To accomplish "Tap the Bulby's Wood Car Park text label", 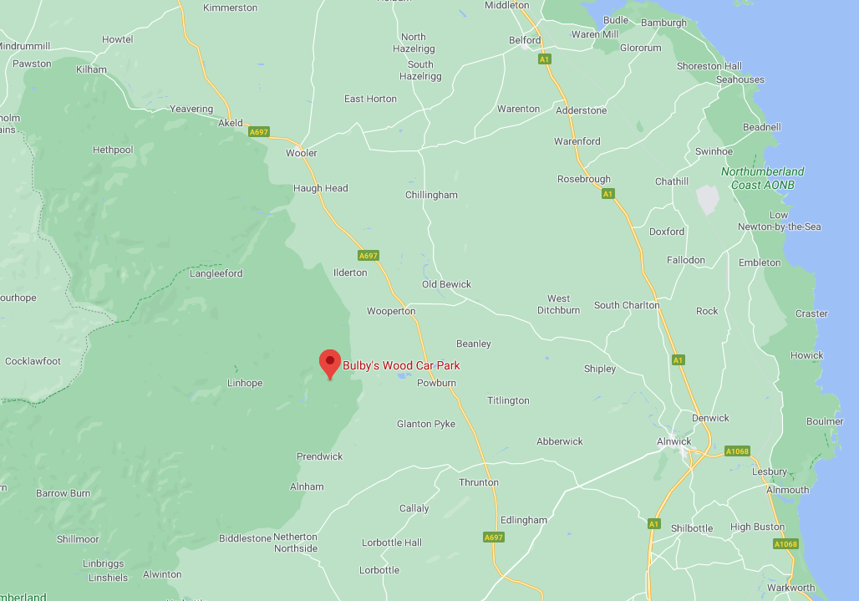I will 401,365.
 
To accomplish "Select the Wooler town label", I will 302,153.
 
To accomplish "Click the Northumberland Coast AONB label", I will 762,178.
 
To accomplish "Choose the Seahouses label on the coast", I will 740,79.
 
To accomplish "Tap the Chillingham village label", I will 431,195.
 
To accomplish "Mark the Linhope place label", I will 245,384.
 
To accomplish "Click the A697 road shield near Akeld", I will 259,131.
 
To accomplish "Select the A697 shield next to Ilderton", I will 369,255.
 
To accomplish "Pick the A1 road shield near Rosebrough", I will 607,194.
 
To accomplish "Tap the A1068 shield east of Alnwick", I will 738,451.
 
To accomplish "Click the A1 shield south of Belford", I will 545,59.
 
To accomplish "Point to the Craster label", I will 811,313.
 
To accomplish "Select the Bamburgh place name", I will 663,23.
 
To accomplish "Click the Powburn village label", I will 436,383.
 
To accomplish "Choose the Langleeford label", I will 216,273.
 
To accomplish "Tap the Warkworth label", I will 790,588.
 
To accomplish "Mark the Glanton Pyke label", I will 426,424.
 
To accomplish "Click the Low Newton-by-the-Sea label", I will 780,221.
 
